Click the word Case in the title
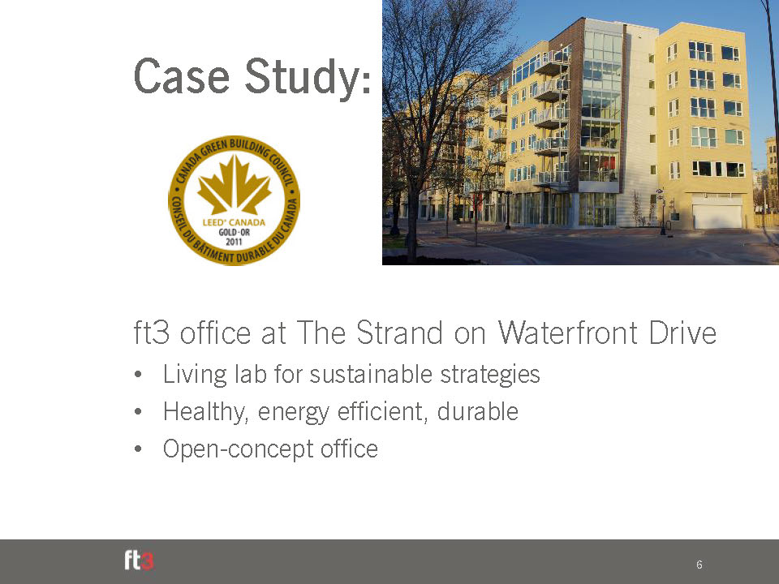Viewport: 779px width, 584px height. (181, 76)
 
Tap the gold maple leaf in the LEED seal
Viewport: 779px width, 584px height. (234, 184)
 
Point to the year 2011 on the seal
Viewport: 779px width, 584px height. (234, 242)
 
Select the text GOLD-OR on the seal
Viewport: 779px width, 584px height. (234, 232)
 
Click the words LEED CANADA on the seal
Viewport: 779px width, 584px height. (234, 222)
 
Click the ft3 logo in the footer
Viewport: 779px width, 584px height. (139, 560)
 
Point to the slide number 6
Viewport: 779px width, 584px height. (699, 565)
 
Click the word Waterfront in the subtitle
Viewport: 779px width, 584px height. (568, 333)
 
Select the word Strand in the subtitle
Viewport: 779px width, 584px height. (399, 333)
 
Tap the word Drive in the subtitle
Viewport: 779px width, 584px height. (682, 333)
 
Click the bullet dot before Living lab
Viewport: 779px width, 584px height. (138, 374)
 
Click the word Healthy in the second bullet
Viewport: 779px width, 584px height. (205, 412)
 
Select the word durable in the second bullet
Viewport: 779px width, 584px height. (477, 411)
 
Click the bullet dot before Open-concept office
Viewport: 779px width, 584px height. (138, 449)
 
